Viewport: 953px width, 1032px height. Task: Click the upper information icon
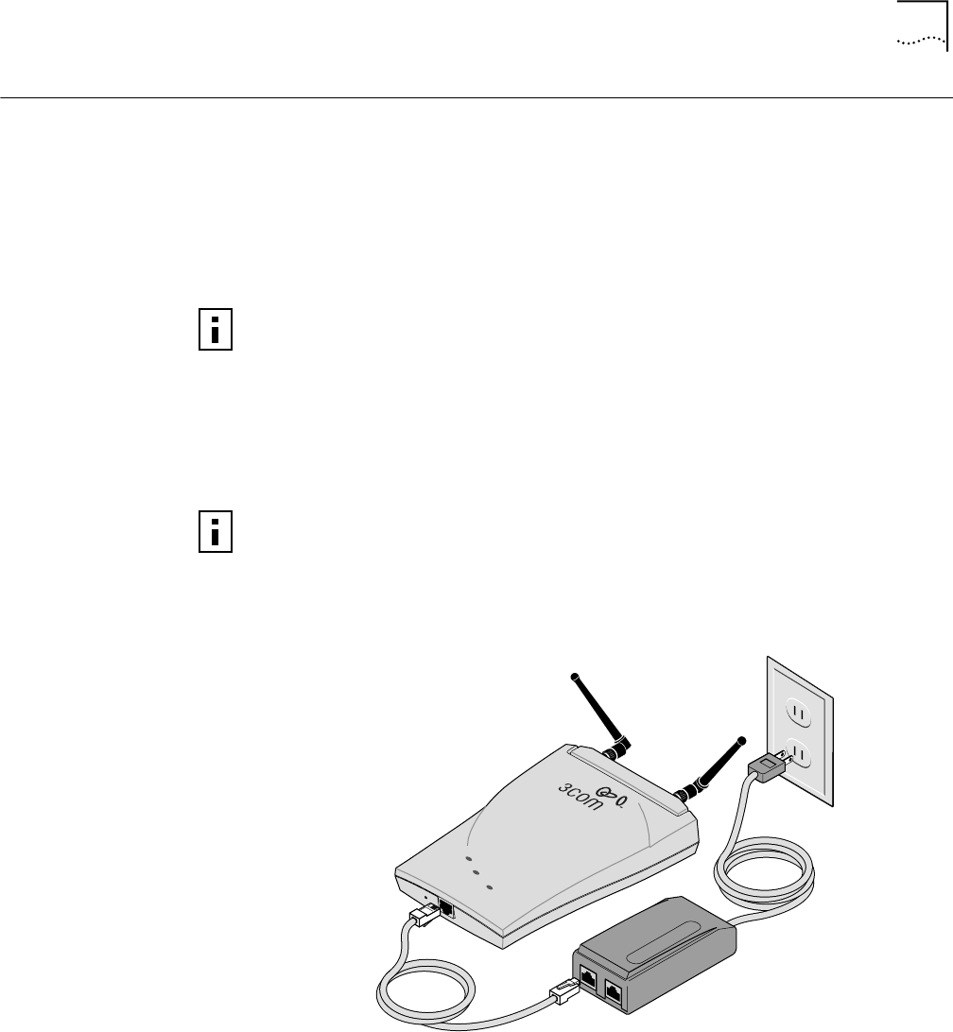click(216, 328)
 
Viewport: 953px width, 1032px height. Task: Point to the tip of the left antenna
click(572, 675)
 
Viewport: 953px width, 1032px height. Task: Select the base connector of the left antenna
click(620, 749)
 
